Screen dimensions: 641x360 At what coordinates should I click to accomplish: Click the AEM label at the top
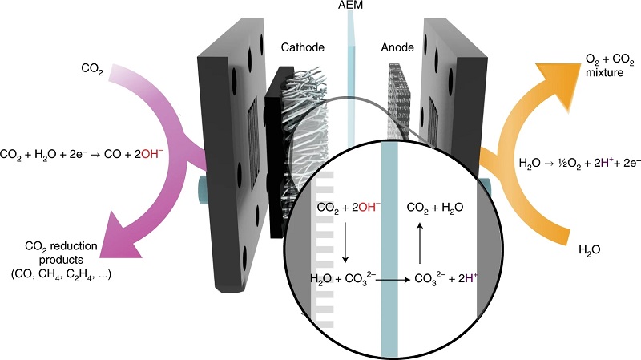pos(350,5)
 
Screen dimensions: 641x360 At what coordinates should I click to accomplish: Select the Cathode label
pos(303,47)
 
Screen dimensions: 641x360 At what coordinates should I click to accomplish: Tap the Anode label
pos(397,47)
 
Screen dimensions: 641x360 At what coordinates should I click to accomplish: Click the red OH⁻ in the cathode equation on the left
pos(151,154)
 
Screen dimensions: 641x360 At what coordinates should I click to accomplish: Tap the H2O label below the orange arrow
pos(590,250)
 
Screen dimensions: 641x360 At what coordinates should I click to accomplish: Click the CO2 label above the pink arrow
pos(92,69)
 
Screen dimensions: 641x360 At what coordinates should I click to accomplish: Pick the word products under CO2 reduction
pos(61,261)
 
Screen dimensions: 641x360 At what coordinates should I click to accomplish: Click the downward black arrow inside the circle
pos(345,242)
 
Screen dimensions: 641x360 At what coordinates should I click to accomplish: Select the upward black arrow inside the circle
pos(420,242)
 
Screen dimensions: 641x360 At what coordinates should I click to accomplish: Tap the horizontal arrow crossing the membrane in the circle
pos(393,281)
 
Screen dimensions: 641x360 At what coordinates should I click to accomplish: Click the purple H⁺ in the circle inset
pos(471,277)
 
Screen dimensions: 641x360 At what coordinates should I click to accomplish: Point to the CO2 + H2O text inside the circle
pos(435,208)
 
